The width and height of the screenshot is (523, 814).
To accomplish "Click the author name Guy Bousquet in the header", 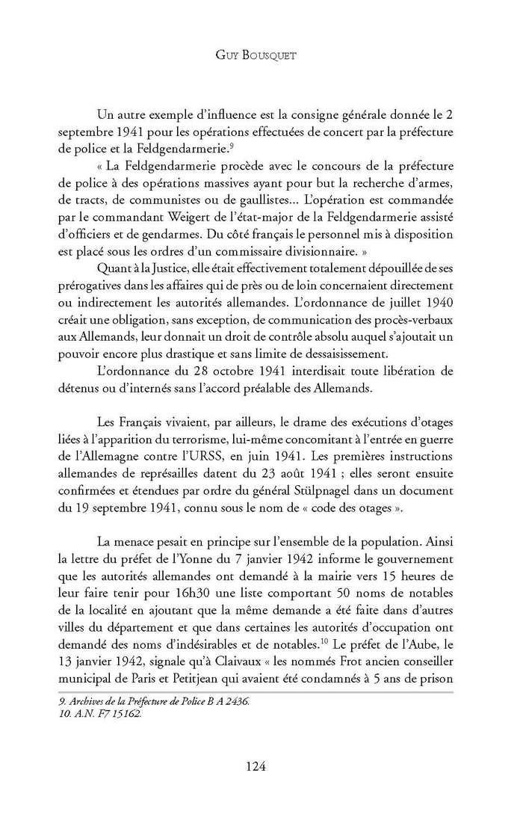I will point(261,55).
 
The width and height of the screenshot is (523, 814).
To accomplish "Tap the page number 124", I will point(260,765).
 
